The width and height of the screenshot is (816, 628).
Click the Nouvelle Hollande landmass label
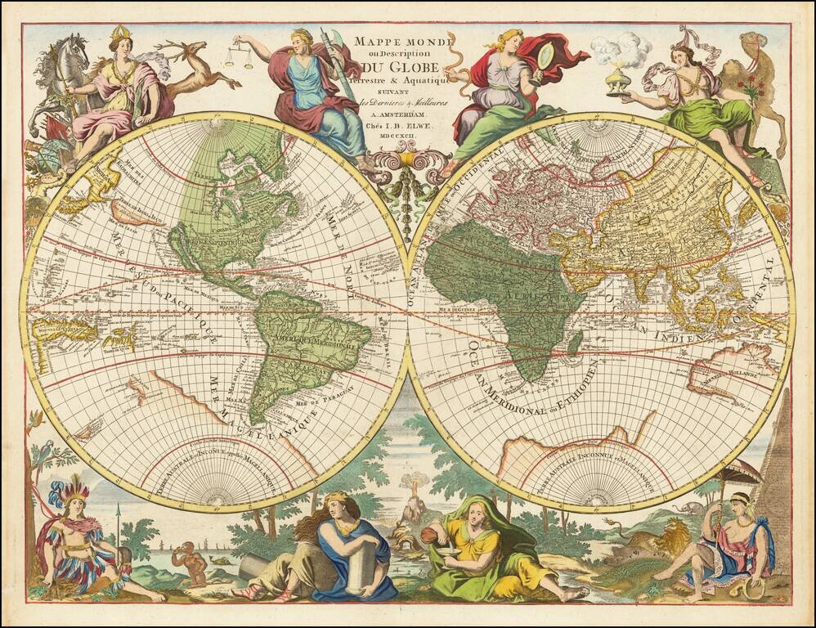(724, 378)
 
